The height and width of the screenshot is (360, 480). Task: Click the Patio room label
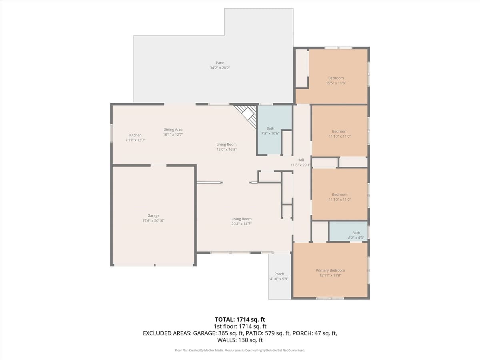tap(220, 63)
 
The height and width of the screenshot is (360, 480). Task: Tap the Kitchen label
tap(135, 135)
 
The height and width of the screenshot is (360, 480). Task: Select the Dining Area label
tap(173, 130)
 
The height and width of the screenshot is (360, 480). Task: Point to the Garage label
tap(153, 216)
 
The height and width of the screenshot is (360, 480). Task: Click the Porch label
tap(279, 274)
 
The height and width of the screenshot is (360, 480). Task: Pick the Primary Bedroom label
tap(330, 270)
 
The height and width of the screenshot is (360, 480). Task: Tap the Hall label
tap(300, 160)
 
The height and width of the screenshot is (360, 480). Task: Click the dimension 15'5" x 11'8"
tap(336, 83)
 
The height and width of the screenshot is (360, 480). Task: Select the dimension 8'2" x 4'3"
tap(356, 238)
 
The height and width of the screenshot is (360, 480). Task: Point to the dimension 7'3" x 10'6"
tap(270, 133)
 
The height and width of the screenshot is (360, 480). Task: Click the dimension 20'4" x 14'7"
tap(242, 224)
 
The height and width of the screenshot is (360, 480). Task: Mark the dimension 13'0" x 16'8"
tap(227, 149)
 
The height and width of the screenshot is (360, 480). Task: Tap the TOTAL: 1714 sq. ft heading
tap(240, 319)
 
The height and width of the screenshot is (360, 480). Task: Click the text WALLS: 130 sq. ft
tap(240, 340)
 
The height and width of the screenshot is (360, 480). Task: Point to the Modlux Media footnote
tap(240, 350)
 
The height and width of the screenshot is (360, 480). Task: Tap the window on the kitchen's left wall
tap(112, 133)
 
